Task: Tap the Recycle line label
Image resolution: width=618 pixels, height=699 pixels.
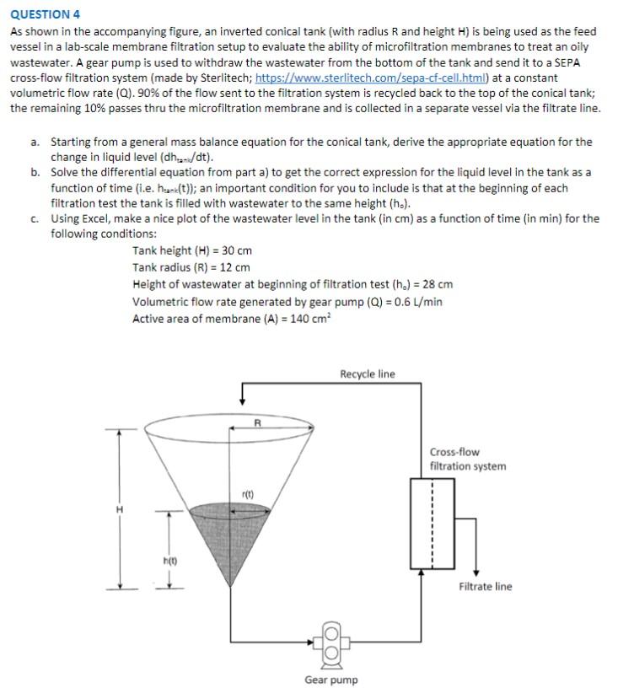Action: [367, 374]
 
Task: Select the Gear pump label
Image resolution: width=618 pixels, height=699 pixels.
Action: [330, 680]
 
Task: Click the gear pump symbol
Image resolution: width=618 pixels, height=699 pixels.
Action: [331, 643]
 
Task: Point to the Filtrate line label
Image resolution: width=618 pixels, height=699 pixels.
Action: [485, 587]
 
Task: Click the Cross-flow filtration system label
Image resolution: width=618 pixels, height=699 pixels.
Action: [467, 459]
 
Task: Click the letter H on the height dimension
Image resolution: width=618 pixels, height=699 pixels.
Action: [119, 509]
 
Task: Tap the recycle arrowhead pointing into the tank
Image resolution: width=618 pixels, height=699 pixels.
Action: [242, 398]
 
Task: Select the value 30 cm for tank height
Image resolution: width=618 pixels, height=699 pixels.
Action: [236, 250]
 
